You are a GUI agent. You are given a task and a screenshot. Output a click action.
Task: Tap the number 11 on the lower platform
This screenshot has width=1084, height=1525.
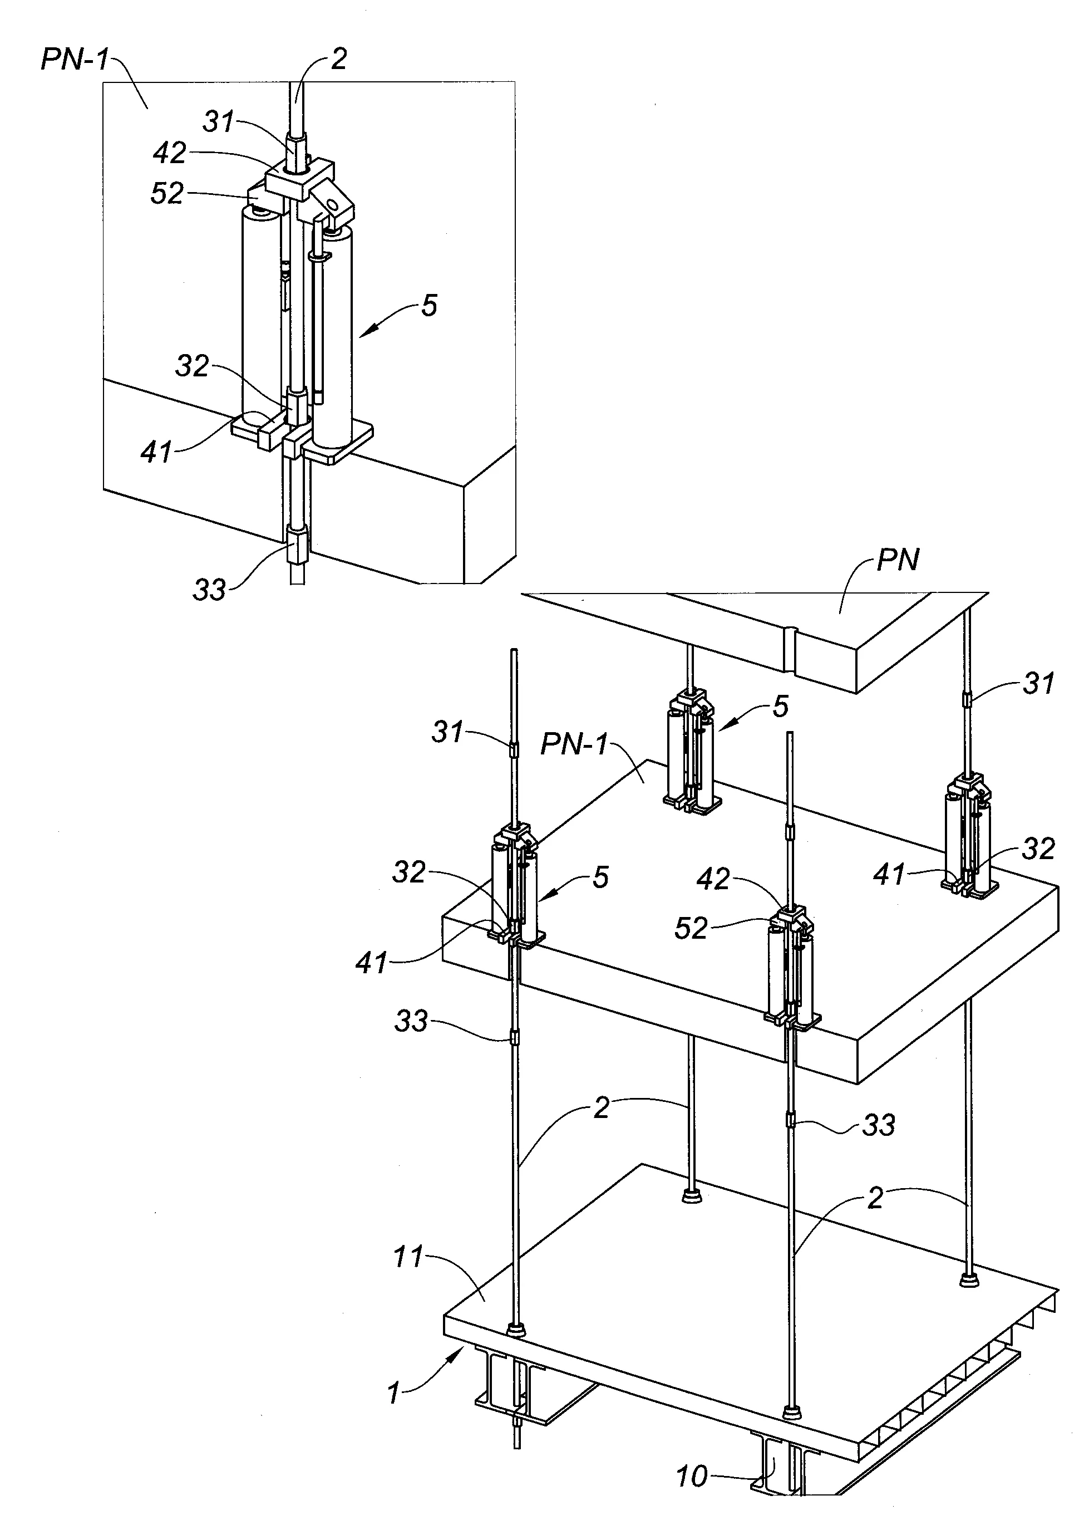point(408,1257)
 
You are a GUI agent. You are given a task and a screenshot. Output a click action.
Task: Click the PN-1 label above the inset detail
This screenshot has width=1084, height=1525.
point(74,60)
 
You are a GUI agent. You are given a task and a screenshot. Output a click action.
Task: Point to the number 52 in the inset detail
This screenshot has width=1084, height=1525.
point(167,194)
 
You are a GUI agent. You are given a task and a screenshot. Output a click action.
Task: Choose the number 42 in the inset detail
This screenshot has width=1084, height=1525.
point(170,153)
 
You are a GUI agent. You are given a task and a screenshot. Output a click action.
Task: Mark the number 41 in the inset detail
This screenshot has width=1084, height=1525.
point(156,453)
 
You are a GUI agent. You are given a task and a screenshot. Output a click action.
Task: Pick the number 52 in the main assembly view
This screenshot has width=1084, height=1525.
point(690,928)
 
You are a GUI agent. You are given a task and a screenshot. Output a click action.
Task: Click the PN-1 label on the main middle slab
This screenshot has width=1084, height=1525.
point(575,744)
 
